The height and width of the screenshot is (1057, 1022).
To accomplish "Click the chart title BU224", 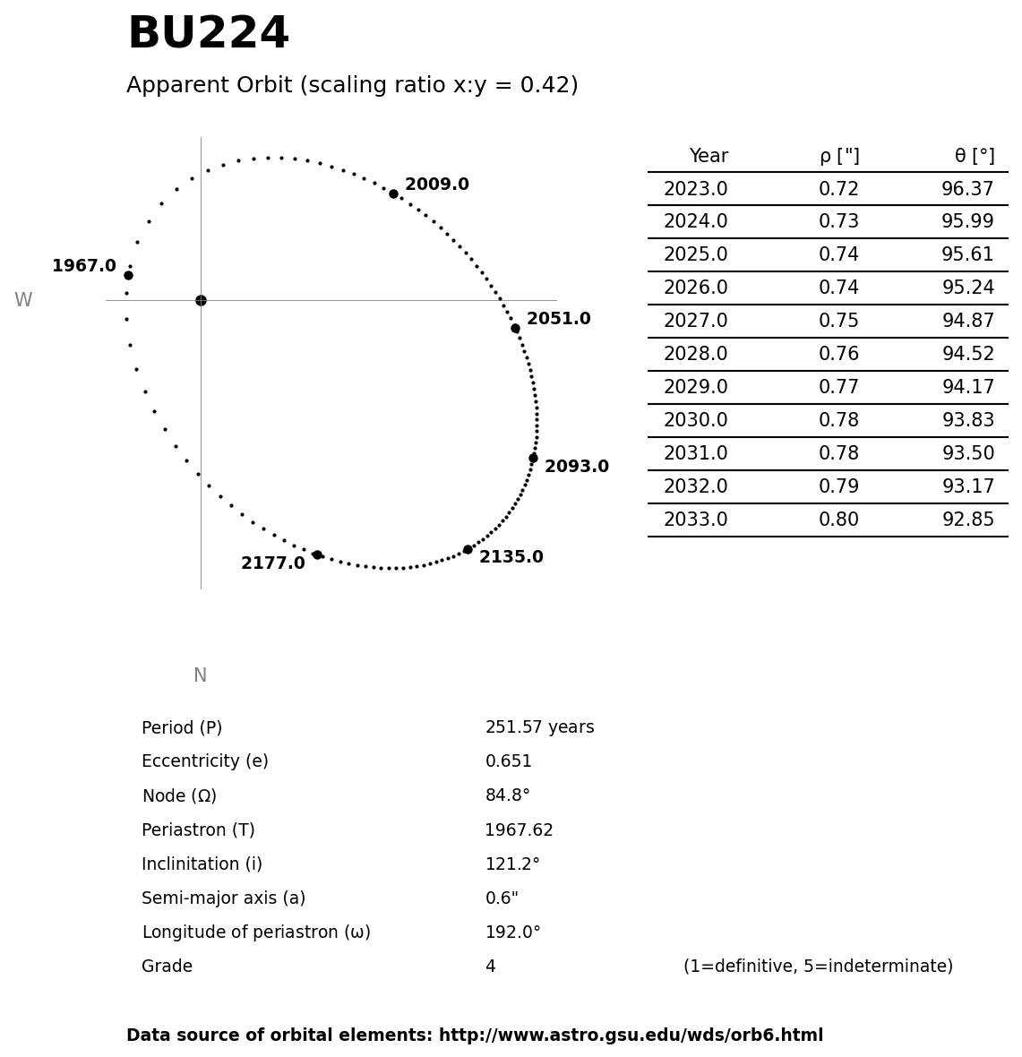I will click(208, 34).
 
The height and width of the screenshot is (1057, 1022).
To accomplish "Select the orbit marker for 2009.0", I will click(393, 193).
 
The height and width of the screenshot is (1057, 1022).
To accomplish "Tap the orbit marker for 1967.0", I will click(128, 275).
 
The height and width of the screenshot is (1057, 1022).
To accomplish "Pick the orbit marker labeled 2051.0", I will click(515, 328).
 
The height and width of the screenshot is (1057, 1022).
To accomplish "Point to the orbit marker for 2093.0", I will click(533, 458).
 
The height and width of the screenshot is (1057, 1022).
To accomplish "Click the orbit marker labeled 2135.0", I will click(468, 549).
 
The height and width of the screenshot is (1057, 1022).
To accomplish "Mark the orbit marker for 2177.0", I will click(317, 554).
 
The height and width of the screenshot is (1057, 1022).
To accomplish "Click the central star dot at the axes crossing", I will click(201, 300).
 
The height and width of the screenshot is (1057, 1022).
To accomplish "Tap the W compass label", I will click(23, 301).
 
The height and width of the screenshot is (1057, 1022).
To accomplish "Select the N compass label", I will click(200, 676).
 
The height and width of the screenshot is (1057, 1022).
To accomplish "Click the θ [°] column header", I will click(975, 157).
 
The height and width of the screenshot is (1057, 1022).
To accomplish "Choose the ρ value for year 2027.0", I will click(838, 322).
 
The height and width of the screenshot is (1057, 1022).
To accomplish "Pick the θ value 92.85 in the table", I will click(967, 520).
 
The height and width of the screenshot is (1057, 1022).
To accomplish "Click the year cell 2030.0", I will click(695, 421).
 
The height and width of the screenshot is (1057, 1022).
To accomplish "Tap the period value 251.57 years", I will click(539, 727).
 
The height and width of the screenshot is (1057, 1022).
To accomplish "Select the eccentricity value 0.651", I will click(508, 761).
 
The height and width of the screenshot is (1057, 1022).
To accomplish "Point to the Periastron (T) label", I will click(198, 830).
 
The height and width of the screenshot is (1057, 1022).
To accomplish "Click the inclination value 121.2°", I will click(512, 864).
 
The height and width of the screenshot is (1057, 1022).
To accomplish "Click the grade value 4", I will click(490, 967).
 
